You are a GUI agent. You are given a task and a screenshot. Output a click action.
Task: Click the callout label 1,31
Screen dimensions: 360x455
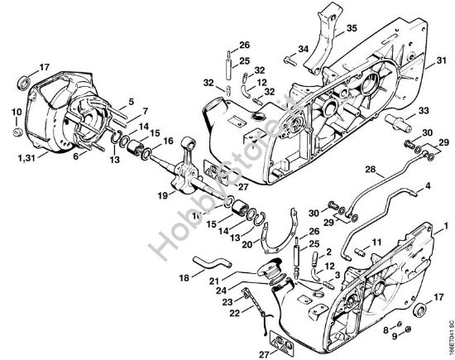(27, 156)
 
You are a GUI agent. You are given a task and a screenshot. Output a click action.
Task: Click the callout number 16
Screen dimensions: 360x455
(170, 141)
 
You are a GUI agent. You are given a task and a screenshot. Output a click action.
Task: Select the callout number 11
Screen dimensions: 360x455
(376, 242)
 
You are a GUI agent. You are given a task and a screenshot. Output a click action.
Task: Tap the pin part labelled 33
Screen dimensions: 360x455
(400, 125)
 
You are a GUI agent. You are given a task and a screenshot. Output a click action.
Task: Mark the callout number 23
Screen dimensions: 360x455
(227, 303)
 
